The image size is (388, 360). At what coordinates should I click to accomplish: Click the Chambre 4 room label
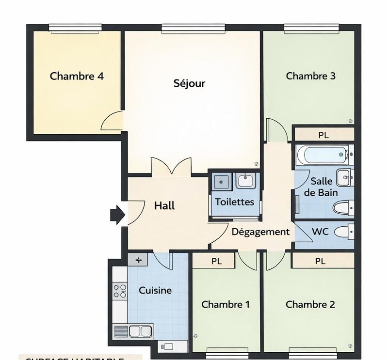pos(77,76)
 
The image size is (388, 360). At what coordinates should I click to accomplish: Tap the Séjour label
pos(189,83)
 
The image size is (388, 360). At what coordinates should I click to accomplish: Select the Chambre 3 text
pos(310,76)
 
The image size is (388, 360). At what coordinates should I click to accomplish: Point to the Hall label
pos(164,205)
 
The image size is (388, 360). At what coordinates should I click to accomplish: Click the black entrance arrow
pos(117,215)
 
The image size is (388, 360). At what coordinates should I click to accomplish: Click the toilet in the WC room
pos(345,232)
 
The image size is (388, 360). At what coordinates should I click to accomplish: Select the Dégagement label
pos(260,232)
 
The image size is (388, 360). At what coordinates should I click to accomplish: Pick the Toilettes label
pos(235,202)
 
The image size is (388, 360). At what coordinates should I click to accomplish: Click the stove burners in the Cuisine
pos(120,291)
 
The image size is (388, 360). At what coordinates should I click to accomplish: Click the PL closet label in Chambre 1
pos(216,261)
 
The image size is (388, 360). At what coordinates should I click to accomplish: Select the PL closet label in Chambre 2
pos(320,261)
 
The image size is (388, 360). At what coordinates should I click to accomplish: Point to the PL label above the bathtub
pos(323,135)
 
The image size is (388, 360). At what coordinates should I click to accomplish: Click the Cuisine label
pos(155,290)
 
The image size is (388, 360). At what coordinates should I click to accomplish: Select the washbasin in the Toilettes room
pos(245,181)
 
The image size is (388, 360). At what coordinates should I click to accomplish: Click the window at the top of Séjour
pos(193,29)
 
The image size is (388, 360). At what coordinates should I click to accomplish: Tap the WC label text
pos(321,232)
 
